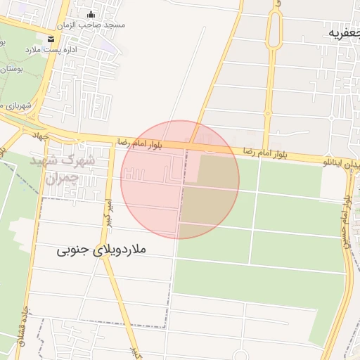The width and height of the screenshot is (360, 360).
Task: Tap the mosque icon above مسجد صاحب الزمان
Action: pyautogui.click(x=91, y=13)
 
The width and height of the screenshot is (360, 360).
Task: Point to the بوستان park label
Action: pyautogui.click(x=8, y=68)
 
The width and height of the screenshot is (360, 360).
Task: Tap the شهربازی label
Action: pyautogui.click(x=16, y=105)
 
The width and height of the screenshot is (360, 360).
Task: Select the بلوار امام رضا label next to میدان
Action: pyautogui.click(x=265, y=152)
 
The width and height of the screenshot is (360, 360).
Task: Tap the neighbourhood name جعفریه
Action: pyautogui.click(x=342, y=32)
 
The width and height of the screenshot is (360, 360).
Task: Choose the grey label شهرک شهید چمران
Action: pyautogui.click(x=63, y=169)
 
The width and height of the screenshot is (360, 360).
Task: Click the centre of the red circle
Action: pyautogui.click(x=180, y=179)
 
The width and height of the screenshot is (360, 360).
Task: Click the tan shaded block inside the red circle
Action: pyautogui.click(x=210, y=190)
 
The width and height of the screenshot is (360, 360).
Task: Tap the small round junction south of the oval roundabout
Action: pyautogui.click(x=268, y=112)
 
